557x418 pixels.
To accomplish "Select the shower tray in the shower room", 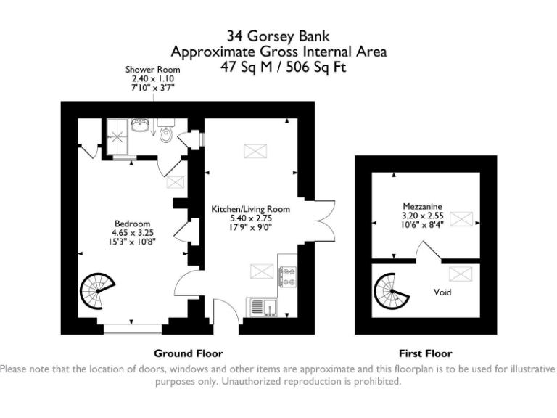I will point(116,137).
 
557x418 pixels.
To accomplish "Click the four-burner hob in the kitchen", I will point(287,276).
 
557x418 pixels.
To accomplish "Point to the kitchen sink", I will point(260,307).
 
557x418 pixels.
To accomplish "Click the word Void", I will point(442,292).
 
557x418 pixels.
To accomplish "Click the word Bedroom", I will point(132,223).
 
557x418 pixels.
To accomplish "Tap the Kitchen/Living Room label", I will point(250,209).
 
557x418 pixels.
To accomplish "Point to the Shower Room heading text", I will point(152,69).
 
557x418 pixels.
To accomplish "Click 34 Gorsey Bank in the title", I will point(278,35).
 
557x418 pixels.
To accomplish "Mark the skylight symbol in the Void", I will point(460,274).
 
